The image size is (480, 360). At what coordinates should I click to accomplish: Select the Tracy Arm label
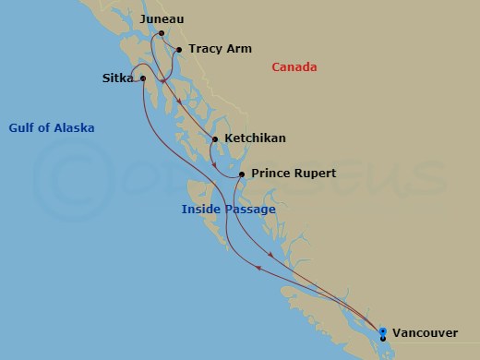pyautogui.click(x=221, y=50)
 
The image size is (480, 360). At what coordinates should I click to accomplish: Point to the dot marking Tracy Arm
pyautogui.click(x=178, y=50)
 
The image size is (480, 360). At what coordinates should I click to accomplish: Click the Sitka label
pyautogui.click(x=119, y=78)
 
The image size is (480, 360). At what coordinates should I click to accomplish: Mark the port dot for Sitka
pyautogui.click(x=142, y=78)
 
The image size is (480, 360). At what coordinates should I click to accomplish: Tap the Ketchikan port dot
pyautogui.click(x=215, y=139)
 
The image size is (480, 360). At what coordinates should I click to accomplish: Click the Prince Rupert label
pyautogui.click(x=293, y=173)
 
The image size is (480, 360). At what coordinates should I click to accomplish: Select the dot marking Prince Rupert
pyautogui.click(x=240, y=174)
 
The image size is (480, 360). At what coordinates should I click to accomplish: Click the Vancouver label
pyautogui.click(x=424, y=331)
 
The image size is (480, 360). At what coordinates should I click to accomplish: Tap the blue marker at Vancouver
pyautogui.click(x=382, y=330)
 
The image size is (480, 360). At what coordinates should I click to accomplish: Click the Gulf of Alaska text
pyautogui.click(x=52, y=127)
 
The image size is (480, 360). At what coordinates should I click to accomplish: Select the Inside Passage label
pyautogui.click(x=228, y=210)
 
